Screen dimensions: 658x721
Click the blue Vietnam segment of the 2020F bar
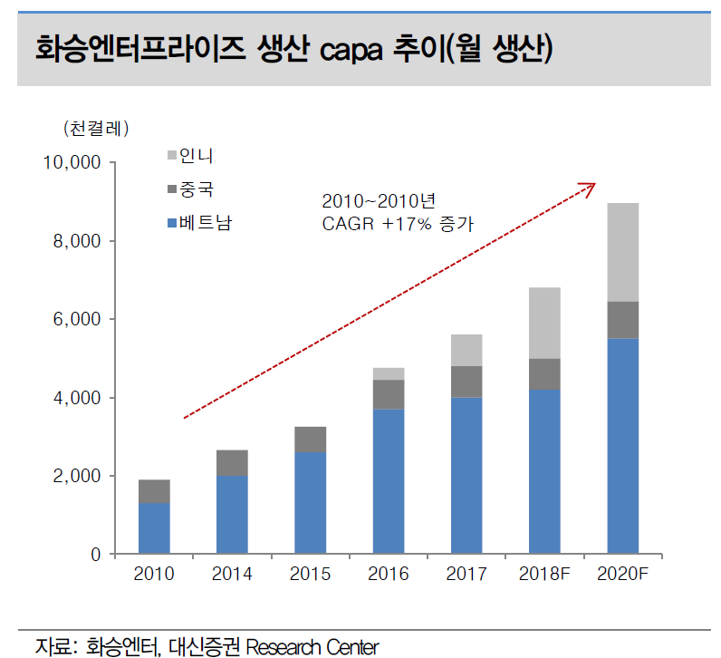pos(622,445)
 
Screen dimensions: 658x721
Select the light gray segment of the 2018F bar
pos(544,323)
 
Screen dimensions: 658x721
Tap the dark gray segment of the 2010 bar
pos(154,491)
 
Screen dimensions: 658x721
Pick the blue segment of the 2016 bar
pos(389,480)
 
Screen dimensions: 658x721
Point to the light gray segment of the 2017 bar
pos(466,350)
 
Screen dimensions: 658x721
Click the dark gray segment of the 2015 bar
pos(311,439)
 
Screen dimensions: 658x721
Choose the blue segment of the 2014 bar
pos(232,514)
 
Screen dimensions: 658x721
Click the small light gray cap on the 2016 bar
pos(389,373)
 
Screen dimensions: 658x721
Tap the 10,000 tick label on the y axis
pos(70,163)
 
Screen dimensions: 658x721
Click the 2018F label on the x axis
pos(544,575)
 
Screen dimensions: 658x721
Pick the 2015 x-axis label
pos(311,575)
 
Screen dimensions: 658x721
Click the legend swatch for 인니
pos(173,156)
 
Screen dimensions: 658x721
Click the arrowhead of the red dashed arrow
pos(590,186)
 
